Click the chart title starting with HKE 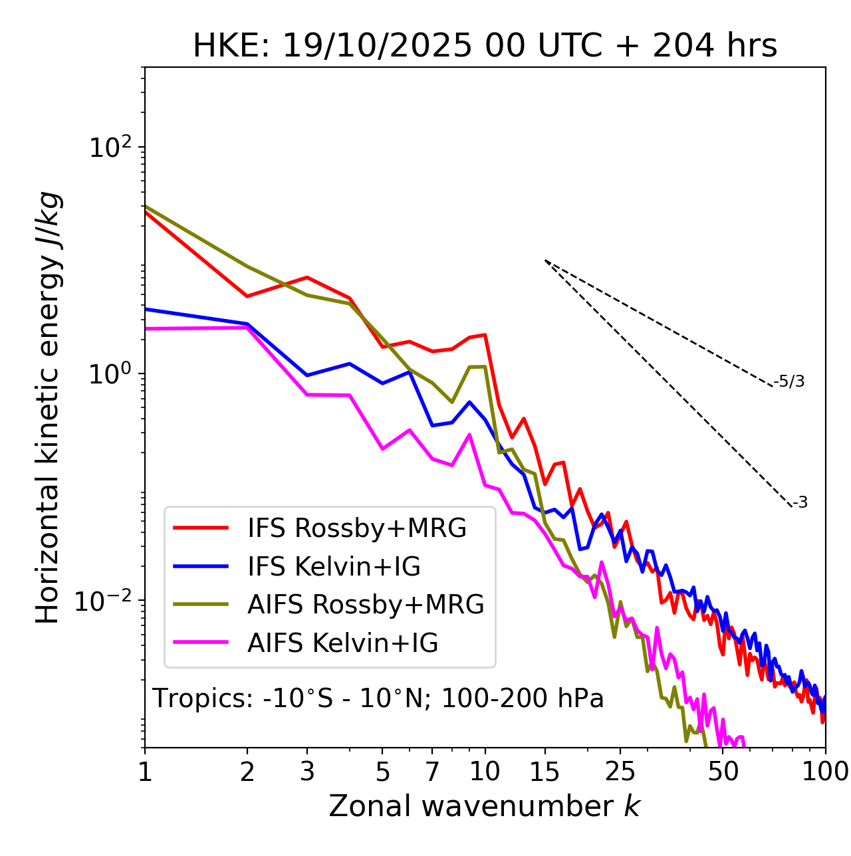[x=485, y=47]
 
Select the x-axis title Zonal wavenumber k [x=484, y=806]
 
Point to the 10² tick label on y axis [x=110, y=148]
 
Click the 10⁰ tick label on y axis [x=110, y=374]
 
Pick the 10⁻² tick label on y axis [x=106, y=601]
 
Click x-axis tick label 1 [x=145, y=772]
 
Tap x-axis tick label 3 [x=307, y=772]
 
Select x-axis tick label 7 [x=432, y=772]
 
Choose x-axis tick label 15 [x=545, y=772]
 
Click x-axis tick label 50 [x=723, y=772]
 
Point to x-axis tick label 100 [x=825, y=772]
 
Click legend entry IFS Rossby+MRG [x=357, y=528]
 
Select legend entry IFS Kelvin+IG [x=334, y=566]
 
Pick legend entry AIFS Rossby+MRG [x=366, y=605]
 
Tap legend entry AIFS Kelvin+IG [x=342, y=643]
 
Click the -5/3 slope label [x=789, y=382]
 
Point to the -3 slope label [x=800, y=503]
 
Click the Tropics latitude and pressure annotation [x=378, y=699]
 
